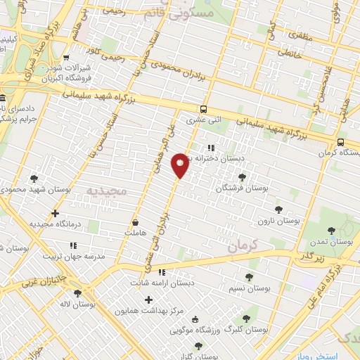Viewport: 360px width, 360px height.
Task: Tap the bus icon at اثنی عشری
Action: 203,109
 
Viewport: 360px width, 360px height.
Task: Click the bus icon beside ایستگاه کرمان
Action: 340,142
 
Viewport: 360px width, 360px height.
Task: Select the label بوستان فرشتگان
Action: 243,188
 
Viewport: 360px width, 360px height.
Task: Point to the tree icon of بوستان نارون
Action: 278,210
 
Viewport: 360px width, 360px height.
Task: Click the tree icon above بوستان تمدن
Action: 330,229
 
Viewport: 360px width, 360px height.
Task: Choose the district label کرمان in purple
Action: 243,245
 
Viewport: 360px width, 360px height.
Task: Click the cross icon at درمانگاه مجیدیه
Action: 56,213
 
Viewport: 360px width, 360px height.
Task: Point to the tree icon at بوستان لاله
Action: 77,293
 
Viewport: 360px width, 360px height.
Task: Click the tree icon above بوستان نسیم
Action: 250,277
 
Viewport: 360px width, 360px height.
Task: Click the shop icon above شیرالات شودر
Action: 66,58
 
